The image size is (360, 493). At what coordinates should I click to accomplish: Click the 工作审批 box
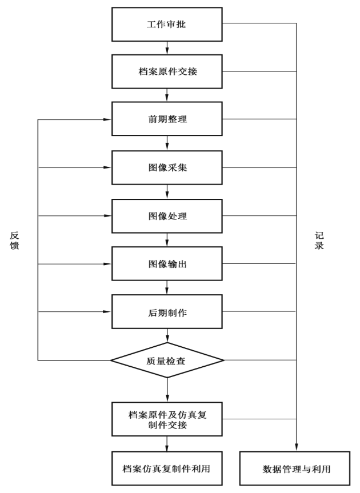pyautogui.click(x=167, y=23)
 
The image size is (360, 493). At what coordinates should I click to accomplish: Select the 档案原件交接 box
pyautogui.click(x=167, y=71)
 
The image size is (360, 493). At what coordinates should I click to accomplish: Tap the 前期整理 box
pyautogui.click(x=167, y=119)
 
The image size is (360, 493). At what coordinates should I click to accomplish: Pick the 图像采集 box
pyautogui.click(x=167, y=167)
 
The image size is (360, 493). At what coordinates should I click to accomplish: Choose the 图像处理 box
pyautogui.click(x=167, y=216)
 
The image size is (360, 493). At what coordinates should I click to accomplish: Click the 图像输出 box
pyautogui.click(x=167, y=264)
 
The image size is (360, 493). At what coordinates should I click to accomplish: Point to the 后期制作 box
pyautogui.click(x=167, y=312)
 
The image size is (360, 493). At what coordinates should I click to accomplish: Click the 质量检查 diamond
pyautogui.click(x=167, y=360)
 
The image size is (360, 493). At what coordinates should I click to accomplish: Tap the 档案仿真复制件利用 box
pyautogui.click(x=167, y=468)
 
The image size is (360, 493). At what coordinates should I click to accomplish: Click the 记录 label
pyautogui.click(x=319, y=241)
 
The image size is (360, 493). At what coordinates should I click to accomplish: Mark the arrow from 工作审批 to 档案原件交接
pyautogui.click(x=167, y=47)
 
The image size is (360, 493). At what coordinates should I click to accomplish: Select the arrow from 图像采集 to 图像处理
pyautogui.click(x=167, y=191)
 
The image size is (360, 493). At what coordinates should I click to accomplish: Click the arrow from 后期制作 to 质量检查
pyautogui.click(x=167, y=336)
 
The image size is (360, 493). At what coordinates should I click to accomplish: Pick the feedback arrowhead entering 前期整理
pyautogui.click(x=107, y=119)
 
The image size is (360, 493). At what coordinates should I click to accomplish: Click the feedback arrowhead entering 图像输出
pyautogui.click(x=107, y=264)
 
